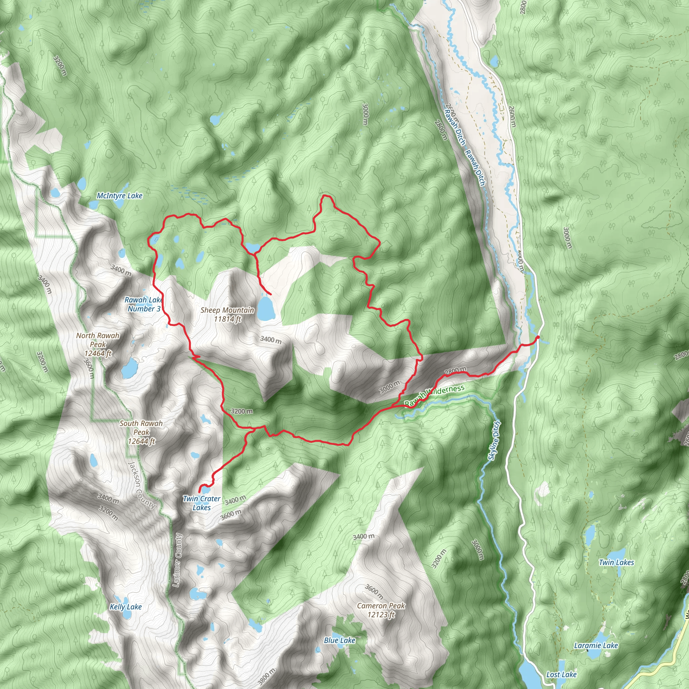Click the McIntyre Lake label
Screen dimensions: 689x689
tap(119, 196)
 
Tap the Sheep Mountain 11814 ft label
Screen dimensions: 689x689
tap(227, 315)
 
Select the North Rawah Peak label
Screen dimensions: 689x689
tap(98, 344)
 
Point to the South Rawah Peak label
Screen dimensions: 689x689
tap(141, 432)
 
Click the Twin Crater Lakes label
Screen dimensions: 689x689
tap(202, 503)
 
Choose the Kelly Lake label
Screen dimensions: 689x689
tap(125, 607)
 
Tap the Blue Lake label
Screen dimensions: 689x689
tap(339, 630)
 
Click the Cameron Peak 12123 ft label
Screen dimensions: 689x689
tap(381, 610)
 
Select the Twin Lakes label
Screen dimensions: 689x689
tap(616, 563)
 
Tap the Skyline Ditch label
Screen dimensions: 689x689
tap(494, 441)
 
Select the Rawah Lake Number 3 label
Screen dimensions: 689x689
tap(144, 304)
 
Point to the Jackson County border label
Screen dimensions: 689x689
tap(142, 485)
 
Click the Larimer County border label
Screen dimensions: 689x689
tap(177, 560)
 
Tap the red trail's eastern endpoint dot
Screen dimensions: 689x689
tap(537, 337)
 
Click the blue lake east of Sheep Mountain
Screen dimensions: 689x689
tap(266, 309)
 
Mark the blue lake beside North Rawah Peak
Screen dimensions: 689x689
tap(130, 368)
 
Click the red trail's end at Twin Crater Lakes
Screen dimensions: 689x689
tap(200, 492)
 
